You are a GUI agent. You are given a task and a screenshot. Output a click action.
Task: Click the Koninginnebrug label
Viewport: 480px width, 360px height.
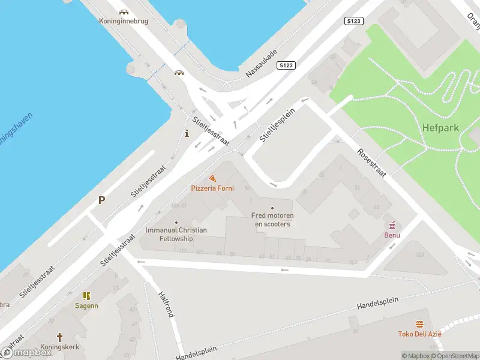[124, 21]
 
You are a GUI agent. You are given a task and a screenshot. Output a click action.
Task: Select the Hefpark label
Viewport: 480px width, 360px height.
[441, 128]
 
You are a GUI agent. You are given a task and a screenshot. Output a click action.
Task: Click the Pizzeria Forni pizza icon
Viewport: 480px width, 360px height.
[212, 178]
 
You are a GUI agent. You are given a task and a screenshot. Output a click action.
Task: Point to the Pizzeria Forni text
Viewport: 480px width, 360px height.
[212, 188]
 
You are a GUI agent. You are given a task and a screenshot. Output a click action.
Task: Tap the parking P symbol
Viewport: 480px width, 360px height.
[102, 201]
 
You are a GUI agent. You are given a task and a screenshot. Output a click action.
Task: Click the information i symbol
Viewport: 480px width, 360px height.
[187, 133]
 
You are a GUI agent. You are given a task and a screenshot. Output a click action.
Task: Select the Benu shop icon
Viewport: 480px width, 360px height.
[392, 225]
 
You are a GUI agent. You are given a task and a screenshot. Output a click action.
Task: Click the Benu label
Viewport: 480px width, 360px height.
[392, 235]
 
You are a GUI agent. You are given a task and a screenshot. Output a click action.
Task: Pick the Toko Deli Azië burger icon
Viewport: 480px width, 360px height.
[419, 325]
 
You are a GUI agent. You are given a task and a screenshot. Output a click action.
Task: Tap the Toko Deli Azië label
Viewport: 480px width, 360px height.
[419, 334]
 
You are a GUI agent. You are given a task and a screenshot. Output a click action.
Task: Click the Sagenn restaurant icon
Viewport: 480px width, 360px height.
[86, 296]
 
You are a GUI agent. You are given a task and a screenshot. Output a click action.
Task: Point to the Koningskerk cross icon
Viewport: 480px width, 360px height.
[59, 337]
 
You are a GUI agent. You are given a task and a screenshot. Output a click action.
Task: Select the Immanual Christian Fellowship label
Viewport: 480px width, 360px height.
[176, 234]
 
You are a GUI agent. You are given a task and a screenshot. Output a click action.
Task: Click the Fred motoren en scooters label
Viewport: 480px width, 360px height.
[272, 220]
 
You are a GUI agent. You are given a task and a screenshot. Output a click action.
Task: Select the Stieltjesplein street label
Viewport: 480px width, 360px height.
[278, 125]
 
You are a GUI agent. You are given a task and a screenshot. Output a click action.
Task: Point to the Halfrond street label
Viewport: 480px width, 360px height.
[166, 304]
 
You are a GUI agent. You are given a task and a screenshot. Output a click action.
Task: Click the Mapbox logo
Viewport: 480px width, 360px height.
[26, 352]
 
